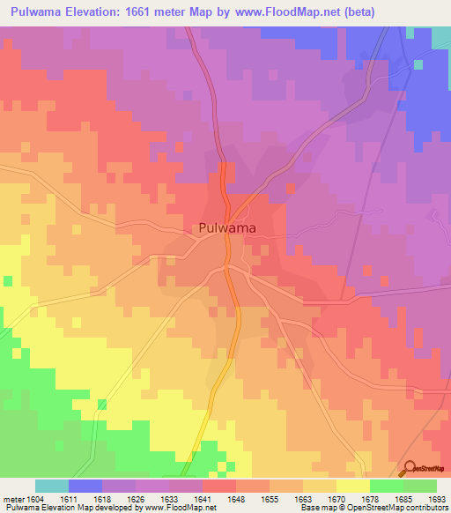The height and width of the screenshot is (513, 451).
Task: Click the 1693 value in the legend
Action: click(436, 499)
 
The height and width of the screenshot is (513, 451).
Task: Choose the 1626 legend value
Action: click(137, 499)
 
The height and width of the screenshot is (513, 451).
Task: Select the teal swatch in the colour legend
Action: click(52, 486)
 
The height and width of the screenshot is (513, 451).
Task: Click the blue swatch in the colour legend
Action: click(85, 486)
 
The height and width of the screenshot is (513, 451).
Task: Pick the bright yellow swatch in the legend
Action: click(353, 486)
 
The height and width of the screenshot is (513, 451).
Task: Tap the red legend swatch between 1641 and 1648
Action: click(219, 486)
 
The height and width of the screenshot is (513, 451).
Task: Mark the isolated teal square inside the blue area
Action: click(418, 63)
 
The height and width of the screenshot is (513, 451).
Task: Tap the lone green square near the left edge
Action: click(8, 281)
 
